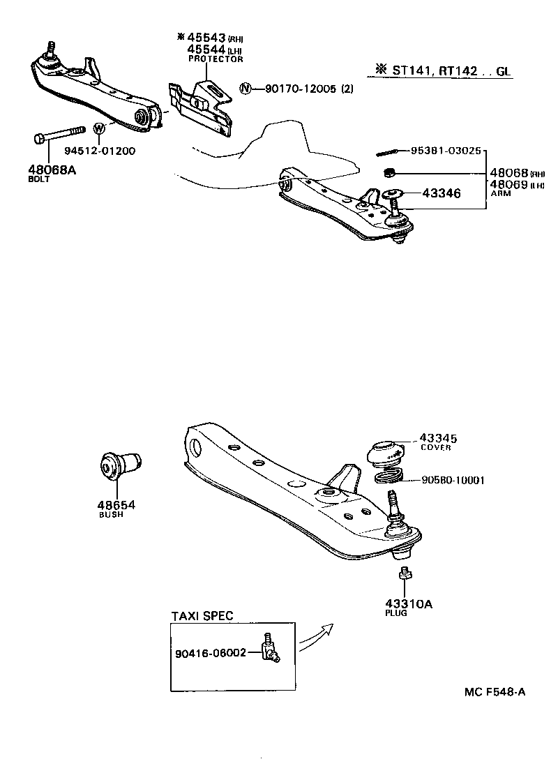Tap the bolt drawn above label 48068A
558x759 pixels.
[59, 135]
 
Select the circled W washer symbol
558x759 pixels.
[99, 129]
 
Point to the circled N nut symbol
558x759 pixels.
[245, 89]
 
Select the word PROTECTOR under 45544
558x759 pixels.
[216, 60]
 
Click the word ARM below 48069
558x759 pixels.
[500, 193]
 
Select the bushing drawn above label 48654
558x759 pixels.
[119, 465]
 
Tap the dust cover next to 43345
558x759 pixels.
[385, 452]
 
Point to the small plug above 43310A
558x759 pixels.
[402, 573]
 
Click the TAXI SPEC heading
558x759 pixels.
[202, 615]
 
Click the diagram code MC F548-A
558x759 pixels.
[495, 692]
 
